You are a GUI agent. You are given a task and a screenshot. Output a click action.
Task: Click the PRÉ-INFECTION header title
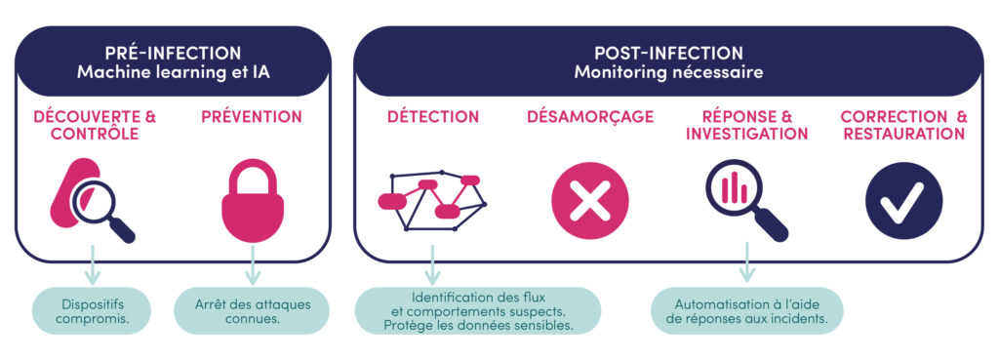pos(173,53)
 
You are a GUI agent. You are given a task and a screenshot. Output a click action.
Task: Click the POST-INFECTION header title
pos(668,53)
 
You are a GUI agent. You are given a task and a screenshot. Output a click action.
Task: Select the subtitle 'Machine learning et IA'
pos(173,72)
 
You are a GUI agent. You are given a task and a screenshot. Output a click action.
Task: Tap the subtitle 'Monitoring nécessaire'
pos(668,72)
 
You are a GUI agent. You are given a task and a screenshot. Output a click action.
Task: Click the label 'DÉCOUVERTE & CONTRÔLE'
pos(95,125)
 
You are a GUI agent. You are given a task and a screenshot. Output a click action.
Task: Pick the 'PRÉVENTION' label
pos(252,116)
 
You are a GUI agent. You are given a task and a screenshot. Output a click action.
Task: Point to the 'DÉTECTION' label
pos(433,116)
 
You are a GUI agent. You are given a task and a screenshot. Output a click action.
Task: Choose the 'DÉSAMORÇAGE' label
pos(589,116)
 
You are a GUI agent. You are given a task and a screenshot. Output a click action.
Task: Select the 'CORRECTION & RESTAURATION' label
pos(903,125)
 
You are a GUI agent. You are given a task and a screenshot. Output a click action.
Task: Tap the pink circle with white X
pos(589,202)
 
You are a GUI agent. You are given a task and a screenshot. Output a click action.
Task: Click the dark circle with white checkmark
pos(903,202)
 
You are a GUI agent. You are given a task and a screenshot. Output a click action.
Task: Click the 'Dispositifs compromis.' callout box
pos(95,309)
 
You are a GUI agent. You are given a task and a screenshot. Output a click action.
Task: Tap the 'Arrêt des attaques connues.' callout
pos(252,309)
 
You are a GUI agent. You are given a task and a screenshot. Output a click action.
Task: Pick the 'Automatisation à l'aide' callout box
pos(746,310)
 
